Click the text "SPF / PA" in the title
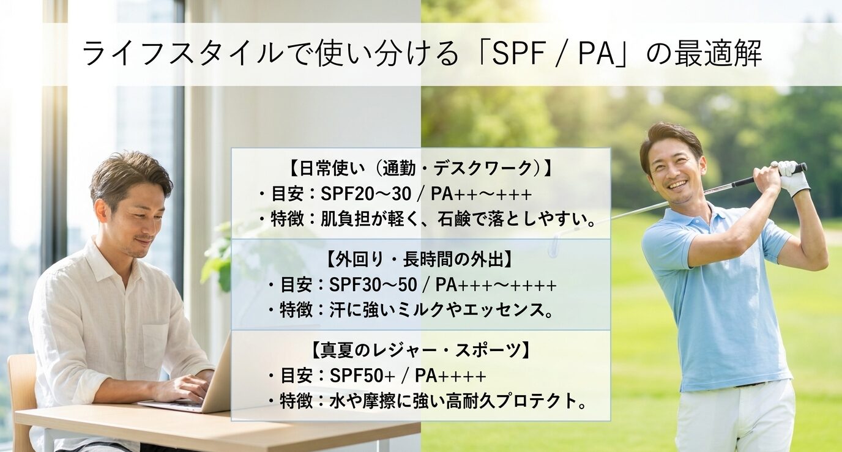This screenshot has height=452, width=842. point(552,54)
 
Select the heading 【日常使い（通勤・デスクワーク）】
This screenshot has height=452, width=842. point(420,169)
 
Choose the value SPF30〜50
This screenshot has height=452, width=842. point(374,286)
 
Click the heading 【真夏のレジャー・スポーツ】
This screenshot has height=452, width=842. point(421,350)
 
